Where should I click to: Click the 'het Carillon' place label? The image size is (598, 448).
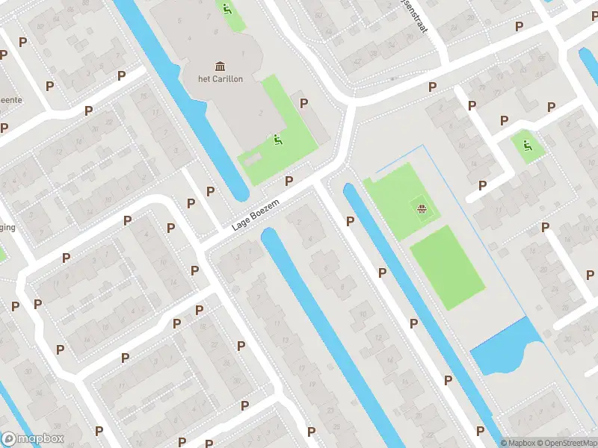coord(221,80)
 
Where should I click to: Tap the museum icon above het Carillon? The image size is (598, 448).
coord(221,66)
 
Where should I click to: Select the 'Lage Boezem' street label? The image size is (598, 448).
coord(254,219)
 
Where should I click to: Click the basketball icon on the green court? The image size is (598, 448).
coord(422,209)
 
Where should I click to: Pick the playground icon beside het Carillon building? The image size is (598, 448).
coord(277,139)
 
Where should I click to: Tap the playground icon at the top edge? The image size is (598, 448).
coord(226,10)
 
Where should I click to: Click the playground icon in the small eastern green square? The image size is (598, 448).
coord(528,146)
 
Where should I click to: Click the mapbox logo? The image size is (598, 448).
coord(33,439)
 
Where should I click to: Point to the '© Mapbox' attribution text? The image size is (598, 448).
coord(517,443)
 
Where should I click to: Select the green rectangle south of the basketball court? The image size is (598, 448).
coord(447,267)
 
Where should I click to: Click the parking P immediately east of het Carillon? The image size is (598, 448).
coord(303,103)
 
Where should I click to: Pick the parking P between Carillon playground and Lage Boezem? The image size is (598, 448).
coord(289,181)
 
